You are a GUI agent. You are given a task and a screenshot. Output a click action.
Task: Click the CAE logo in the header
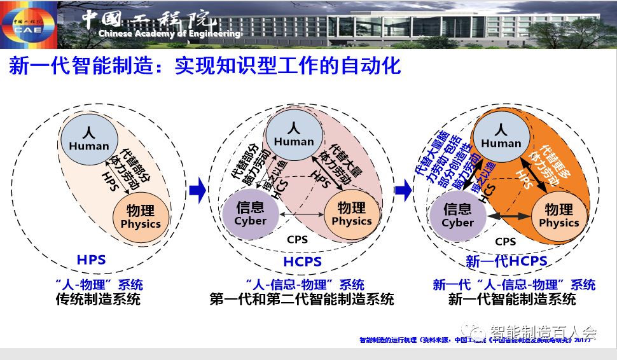27,24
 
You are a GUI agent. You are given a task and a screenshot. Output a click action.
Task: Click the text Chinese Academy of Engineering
169,34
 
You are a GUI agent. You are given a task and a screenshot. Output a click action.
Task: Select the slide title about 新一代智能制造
205,66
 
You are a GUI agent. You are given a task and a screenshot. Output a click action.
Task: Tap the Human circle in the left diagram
90,139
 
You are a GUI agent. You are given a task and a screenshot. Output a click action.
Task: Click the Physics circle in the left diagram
141,216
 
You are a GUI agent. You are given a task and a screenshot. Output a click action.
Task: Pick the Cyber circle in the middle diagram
250,214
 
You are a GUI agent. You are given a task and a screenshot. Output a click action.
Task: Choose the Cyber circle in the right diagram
457,215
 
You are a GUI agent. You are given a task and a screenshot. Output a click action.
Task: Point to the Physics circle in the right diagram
558,215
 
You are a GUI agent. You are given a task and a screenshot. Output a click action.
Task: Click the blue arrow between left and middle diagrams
198,189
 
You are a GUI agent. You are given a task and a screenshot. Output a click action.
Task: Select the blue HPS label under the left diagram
91,260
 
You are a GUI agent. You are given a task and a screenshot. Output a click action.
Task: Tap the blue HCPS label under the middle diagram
303,261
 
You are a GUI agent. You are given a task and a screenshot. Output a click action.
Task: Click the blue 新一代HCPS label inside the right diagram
506,261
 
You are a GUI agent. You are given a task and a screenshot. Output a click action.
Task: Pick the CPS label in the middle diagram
298,240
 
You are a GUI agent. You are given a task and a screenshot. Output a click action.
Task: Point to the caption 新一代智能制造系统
512,299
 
